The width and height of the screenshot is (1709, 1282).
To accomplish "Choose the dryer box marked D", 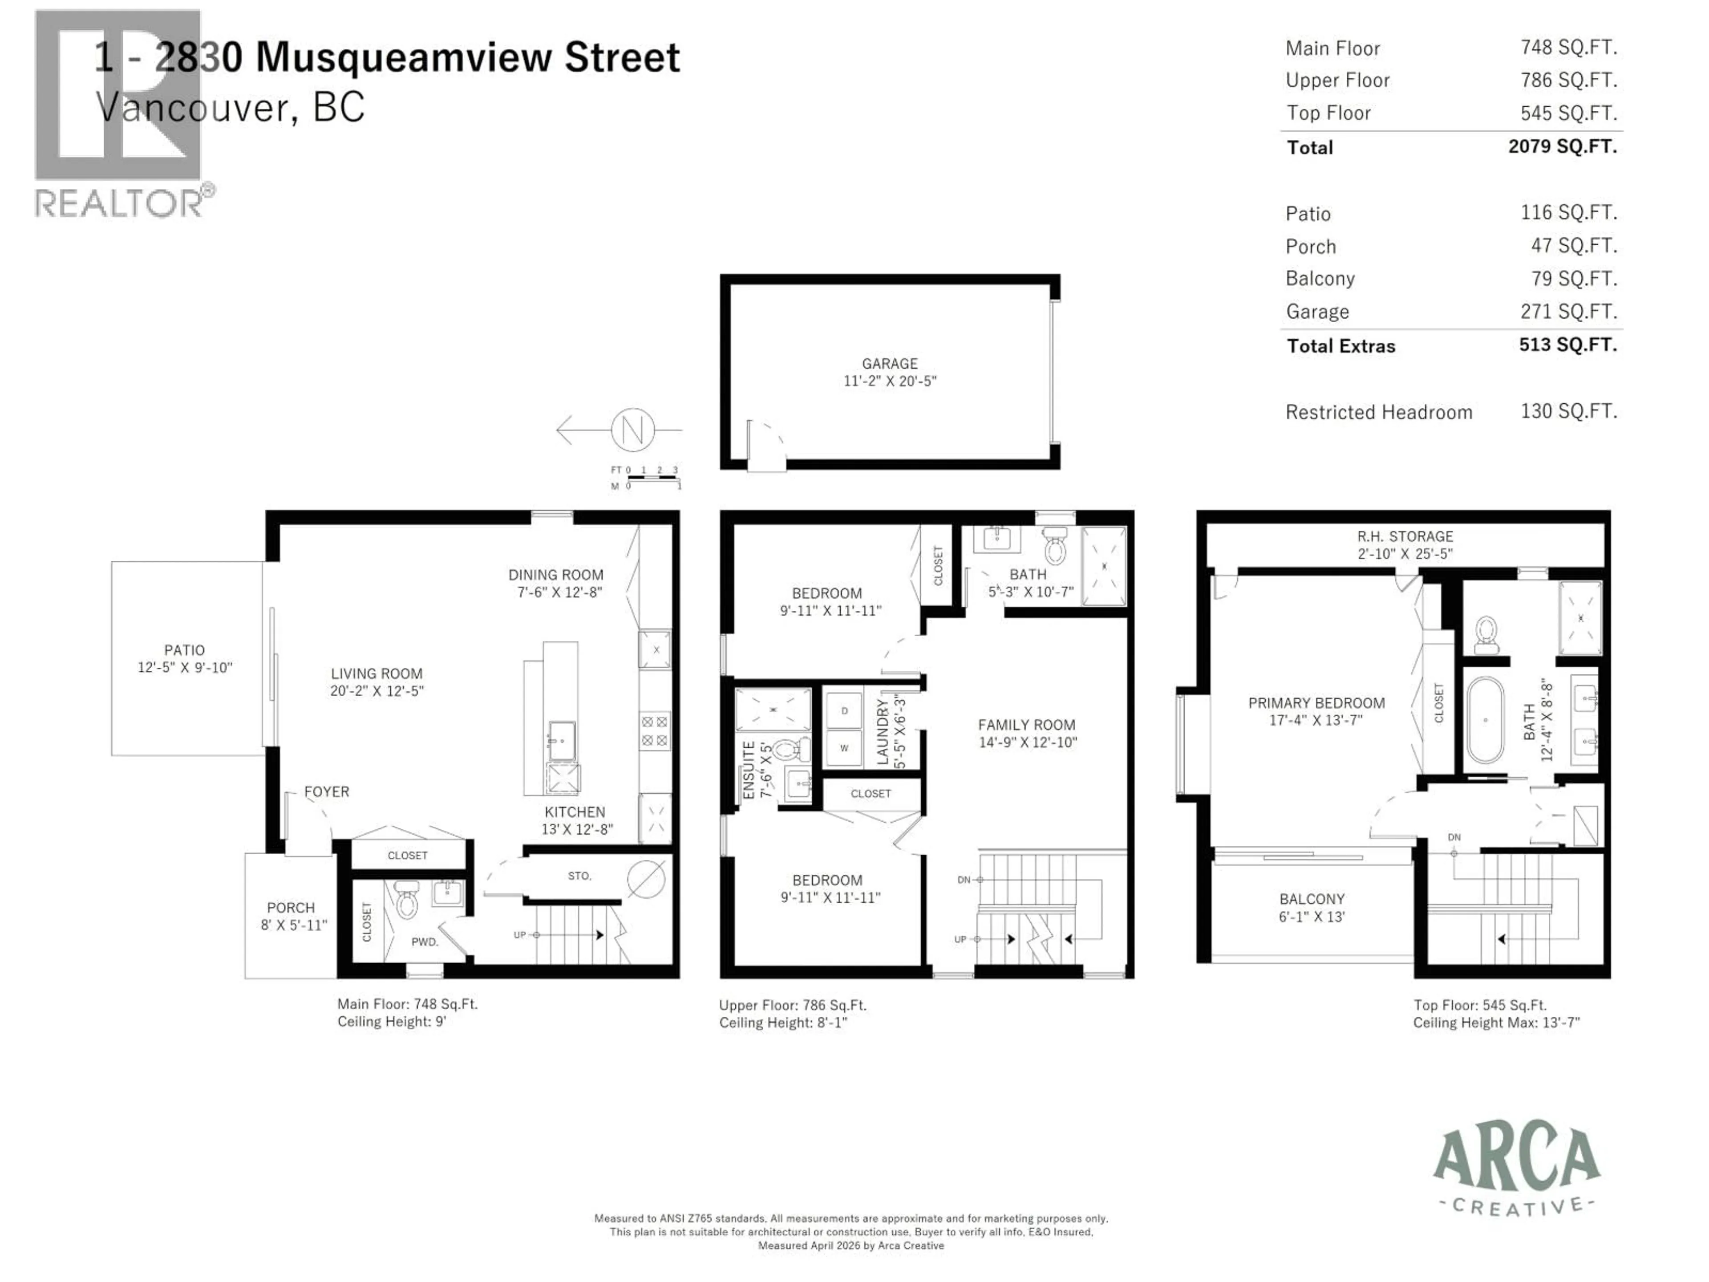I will tap(844, 710).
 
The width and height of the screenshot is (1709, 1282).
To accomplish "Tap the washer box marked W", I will tap(844, 748).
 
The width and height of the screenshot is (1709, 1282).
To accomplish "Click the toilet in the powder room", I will tap(405, 900).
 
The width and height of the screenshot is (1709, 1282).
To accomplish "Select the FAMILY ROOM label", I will tap(1026, 725).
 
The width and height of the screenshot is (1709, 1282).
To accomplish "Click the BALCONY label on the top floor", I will tap(1311, 899).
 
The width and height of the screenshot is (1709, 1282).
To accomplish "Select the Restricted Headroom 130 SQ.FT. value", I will tap(1568, 411).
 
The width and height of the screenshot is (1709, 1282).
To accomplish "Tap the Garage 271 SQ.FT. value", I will tap(1568, 312).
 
